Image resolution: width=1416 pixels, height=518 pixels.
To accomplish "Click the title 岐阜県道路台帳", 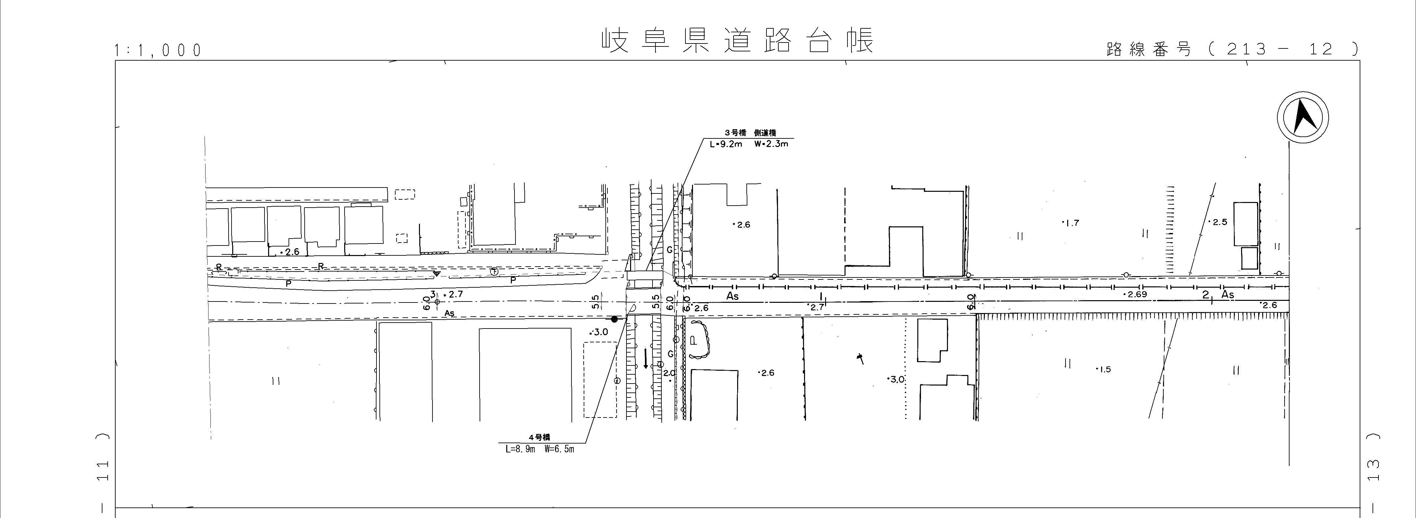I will coord(736,41).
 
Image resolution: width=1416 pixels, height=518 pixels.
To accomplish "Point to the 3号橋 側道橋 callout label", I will coord(749,133).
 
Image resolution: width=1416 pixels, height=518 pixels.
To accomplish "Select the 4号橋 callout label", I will coord(539,437).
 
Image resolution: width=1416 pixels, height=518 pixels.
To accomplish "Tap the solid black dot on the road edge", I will coord(614,319).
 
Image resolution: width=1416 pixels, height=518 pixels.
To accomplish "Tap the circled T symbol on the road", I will coord(494,272).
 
